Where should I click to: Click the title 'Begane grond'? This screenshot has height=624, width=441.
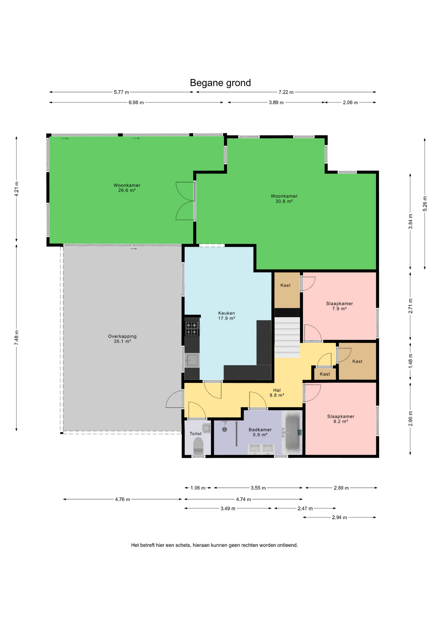click(220, 83)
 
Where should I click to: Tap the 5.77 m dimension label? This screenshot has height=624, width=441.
click(121, 92)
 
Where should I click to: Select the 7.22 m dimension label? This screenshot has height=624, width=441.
click(286, 92)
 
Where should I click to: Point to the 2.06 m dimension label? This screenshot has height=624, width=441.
click(350, 102)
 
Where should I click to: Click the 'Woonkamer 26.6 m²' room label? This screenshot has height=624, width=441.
click(127, 188)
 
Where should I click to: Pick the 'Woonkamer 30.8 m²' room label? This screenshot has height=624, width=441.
click(284, 199)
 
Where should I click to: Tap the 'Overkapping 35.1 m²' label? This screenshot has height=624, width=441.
click(122, 339)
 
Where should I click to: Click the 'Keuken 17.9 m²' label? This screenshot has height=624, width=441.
click(226, 316)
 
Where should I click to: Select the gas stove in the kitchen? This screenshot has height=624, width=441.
click(192, 328)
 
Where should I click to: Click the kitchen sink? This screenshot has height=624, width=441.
click(192, 360)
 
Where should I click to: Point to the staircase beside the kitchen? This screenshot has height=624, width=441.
click(287, 333)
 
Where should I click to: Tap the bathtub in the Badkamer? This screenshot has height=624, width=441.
click(292, 433)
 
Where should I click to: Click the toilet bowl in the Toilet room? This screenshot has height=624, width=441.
click(198, 446)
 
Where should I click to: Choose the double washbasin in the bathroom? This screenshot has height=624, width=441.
click(261, 449)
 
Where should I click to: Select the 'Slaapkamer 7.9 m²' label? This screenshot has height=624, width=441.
click(339, 306)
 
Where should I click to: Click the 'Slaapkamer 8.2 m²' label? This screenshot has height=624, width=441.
click(341, 419)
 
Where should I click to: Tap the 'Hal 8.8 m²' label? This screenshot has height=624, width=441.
click(277, 393)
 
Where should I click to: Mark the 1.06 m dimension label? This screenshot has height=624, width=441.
click(198, 488)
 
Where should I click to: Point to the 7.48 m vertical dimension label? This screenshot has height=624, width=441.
click(17, 338)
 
